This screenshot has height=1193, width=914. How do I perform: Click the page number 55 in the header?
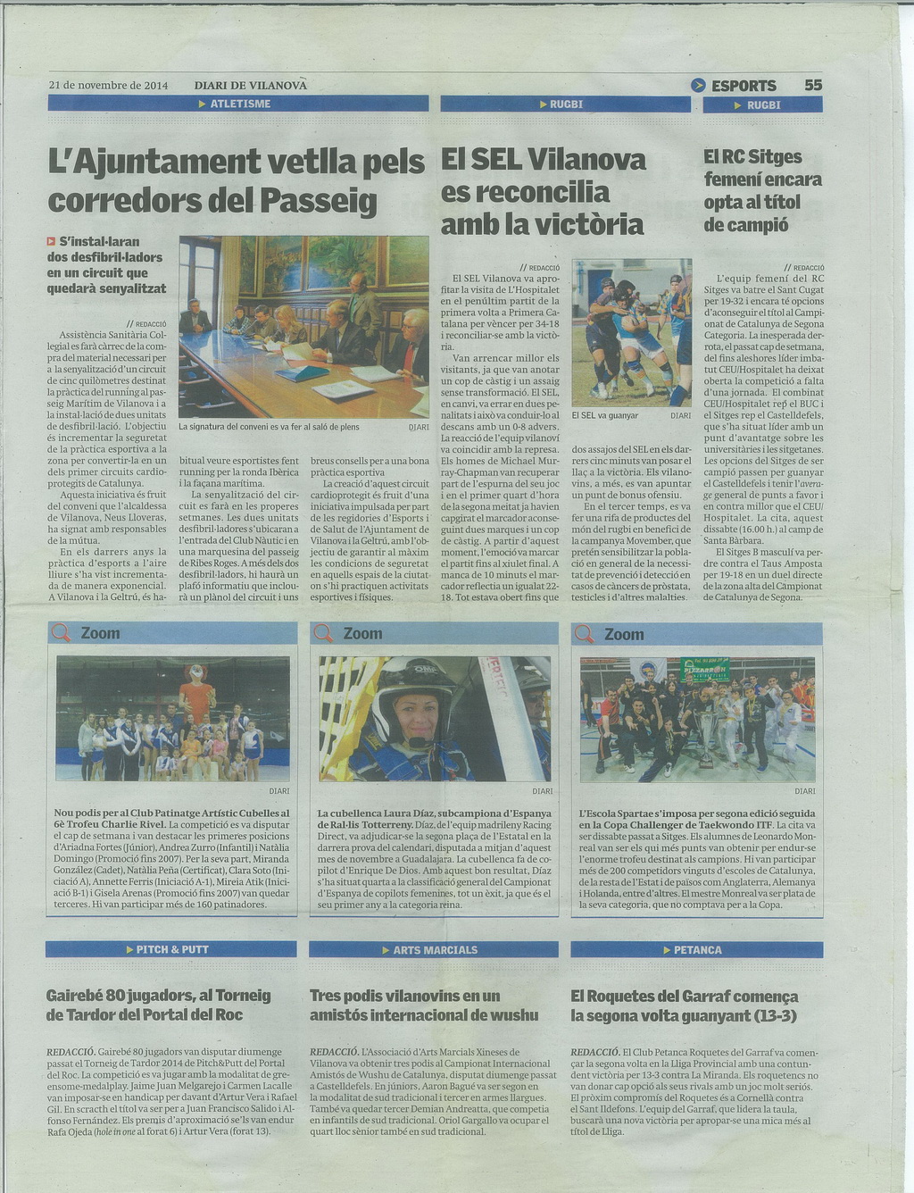812,86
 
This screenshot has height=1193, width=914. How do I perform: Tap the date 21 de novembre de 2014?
108,86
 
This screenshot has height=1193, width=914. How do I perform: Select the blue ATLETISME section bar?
238,104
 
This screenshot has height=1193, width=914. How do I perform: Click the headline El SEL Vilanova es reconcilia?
543,192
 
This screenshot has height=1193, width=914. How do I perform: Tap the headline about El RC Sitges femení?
762,190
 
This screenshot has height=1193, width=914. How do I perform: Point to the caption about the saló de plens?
269,427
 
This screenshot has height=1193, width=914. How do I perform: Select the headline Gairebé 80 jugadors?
158,1005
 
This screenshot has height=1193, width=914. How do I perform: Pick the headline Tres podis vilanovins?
423,1005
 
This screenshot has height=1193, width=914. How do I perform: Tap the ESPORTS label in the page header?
743,86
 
